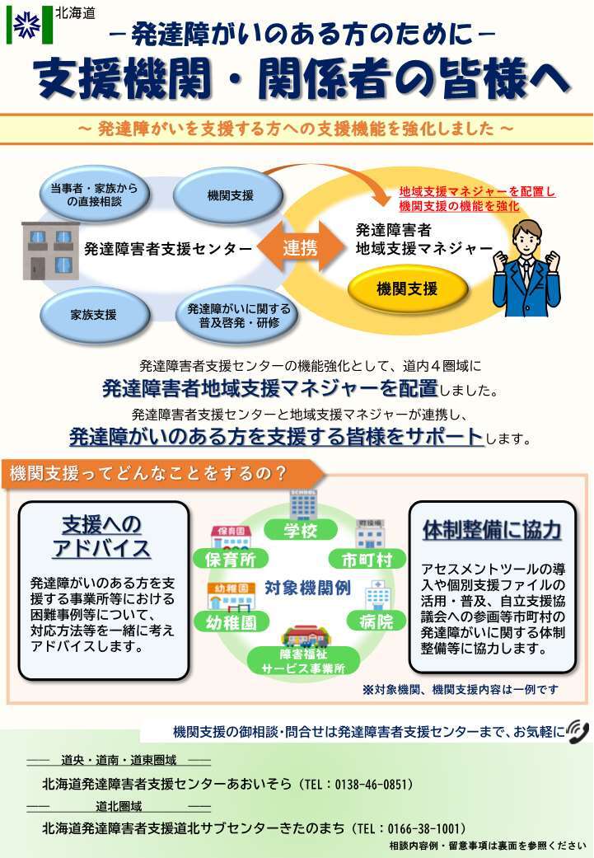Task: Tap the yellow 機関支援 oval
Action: pyautogui.click(x=407, y=288)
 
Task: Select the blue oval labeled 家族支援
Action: pyautogui.click(x=93, y=314)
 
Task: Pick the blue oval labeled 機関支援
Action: pyautogui.click(x=231, y=195)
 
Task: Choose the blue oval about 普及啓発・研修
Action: pyautogui.click(x=239, y=315)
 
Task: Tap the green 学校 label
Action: pyautogui.click(x=301, y=531)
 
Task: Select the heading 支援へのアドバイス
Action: pyautogui.click(x=102, y=537)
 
